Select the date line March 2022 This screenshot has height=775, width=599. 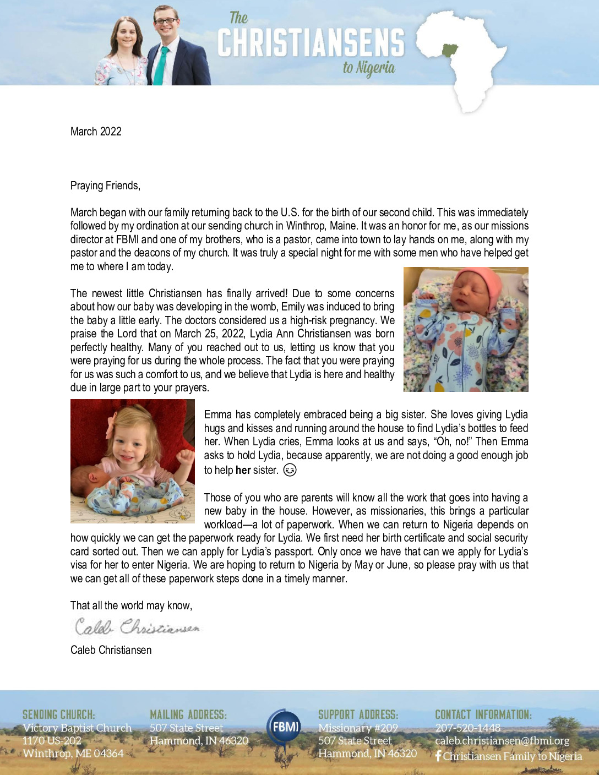click(96, 132)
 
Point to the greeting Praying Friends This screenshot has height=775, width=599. click(105, 185)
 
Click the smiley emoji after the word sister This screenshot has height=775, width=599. click(290, 470)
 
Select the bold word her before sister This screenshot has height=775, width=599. click(243, 470)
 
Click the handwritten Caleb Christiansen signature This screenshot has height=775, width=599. click(137, 627)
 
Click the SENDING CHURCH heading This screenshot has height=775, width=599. click(58, 714)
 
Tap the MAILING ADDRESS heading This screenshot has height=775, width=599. click(188, 714)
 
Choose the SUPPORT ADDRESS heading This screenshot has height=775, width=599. click(358, 714)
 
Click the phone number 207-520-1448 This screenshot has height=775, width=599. click(467, 728)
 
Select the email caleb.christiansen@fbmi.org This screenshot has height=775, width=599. click(502, 741)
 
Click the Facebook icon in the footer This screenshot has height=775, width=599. click(438, 756)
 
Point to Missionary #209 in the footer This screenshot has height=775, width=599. click(358, 728)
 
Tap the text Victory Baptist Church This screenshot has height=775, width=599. click(77, 728)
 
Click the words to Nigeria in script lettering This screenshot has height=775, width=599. click(369, 68)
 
